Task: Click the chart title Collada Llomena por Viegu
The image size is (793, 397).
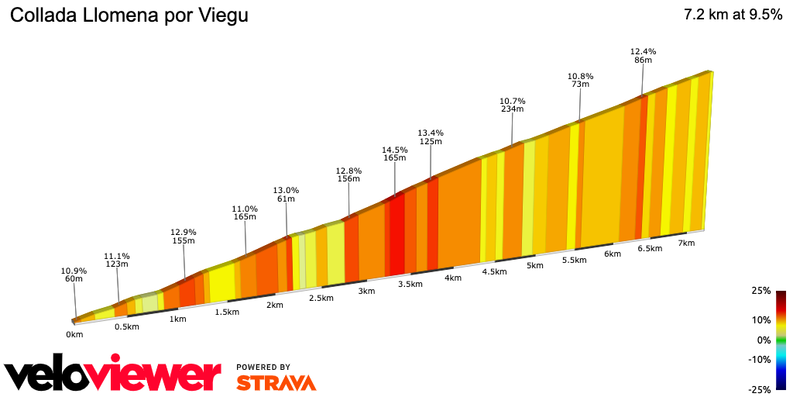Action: (129, 16)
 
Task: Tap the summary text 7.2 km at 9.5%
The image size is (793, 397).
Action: (733, 16)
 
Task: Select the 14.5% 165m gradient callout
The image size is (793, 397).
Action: (394, 154)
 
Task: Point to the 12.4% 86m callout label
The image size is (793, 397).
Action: (644, 56)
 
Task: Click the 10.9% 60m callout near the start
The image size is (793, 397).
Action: (74, 274)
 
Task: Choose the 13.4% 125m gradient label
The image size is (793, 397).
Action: (430, 136)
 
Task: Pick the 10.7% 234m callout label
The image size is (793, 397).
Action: (512, 105)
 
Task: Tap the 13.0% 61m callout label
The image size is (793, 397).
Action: (286, 195)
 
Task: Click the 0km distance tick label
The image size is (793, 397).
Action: (74, 335)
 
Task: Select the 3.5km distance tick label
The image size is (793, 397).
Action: (410, 284)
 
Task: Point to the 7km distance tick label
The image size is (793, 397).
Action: (686, 243)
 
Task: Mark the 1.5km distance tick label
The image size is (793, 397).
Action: (226, 312)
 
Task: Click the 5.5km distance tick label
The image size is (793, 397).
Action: (575, 260)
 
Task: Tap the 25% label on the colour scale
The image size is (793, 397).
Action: (761, 291)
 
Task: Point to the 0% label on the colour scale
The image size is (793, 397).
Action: (764, 340)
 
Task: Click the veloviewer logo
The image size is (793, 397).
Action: (112, 374)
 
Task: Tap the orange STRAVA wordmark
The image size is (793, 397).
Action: (276, 383)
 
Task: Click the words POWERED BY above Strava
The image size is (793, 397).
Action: (263, 367)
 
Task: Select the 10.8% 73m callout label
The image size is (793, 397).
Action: (580, 80)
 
